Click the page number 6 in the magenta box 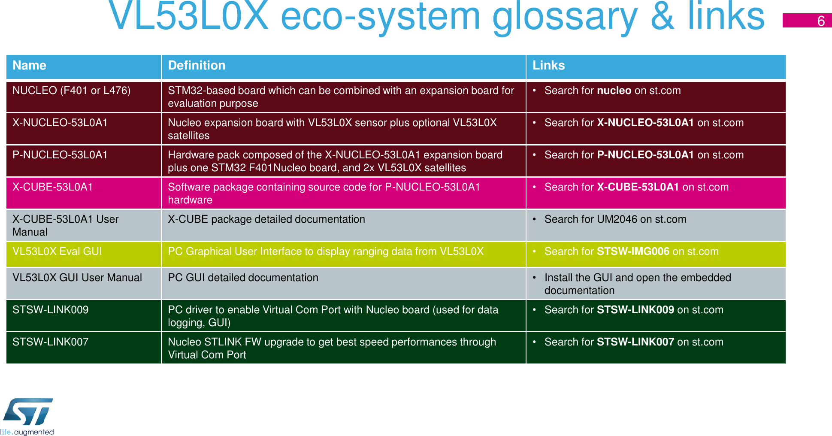click(x=820, y=21)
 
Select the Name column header click(x=29, y=65)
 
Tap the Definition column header click(x=197, y=65)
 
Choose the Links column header click(x=548, y=65)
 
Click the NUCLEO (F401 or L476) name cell click(x=71, y=91)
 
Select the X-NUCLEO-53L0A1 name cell click(x=60, y=123)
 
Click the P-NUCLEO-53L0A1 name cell click(x=60, y=155)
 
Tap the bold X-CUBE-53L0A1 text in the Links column click(x=638, y=187)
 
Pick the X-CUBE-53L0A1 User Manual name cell click(x=65, y=225)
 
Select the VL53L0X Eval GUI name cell click(x=57, y=251)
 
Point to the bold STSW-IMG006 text click(x=633, y=251)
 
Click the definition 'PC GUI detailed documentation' click(x=243, y=278)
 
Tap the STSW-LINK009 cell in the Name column click(x=50, y=310)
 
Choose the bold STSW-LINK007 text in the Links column click(x=635, y=342)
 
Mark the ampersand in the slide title click(x=663, y=16)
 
